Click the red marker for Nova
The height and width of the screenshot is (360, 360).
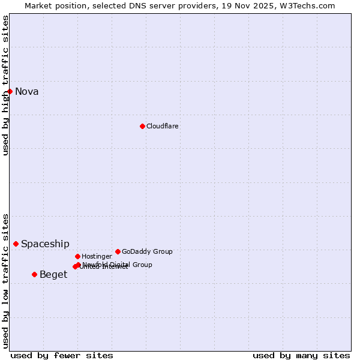pos(10,91)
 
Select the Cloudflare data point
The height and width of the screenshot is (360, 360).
pos(142,126)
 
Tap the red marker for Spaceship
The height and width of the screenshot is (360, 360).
pos(16,244)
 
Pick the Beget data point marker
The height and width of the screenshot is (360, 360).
pos(34,274)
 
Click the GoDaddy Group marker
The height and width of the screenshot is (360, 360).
pos(118,251)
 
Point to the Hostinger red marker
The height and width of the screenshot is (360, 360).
pos(77,256)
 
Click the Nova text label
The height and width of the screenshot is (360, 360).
pos(27,92)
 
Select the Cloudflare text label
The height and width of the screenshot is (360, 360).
pos(163,127)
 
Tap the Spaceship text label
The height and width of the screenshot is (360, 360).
pos(45,244)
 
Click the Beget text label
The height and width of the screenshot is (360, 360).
pos(53,275)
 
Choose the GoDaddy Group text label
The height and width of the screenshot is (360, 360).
pos(147,252)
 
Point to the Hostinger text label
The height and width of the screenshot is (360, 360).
pos(97,257)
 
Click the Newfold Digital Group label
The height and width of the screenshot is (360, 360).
pos(118,264)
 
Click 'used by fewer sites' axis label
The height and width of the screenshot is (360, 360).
pos(62,355)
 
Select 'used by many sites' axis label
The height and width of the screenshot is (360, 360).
pos(301,355)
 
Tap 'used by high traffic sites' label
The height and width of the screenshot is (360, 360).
pos(5,85)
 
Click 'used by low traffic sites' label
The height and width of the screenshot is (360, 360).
pos(5,280)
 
